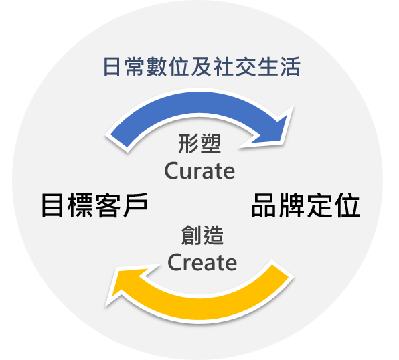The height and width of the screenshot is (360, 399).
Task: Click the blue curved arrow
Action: tap(198, 104)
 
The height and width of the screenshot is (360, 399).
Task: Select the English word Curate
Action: tap(199, 171)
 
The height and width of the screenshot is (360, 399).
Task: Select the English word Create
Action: tap(202, 262)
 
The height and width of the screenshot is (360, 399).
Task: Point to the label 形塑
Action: tap(199, 143)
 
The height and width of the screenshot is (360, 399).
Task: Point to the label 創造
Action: tap(202, 235)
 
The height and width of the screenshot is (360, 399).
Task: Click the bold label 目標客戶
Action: tap(94, 205)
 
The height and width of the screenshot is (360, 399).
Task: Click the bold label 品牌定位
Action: tap(306, 205)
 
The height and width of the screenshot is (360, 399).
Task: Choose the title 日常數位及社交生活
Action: tap(202, 67)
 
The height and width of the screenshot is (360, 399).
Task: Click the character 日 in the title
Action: tap(112, 67)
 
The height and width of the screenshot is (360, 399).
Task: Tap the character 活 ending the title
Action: tap(291, 67)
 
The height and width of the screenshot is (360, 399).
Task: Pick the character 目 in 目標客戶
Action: tap(52, 205)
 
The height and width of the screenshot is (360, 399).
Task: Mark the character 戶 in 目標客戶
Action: tap(135, 205)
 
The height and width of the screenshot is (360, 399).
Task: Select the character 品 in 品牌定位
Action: tap(264, 205)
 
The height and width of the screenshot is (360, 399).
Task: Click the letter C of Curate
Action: tap(171, 171)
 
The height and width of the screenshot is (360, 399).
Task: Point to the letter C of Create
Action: tap(175, 262)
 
